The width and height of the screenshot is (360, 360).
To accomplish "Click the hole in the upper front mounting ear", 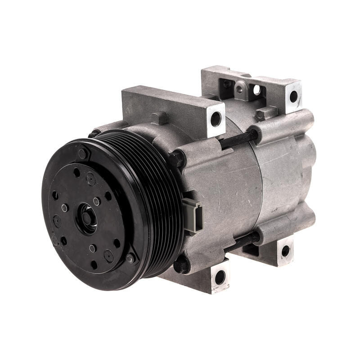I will coord(216,118).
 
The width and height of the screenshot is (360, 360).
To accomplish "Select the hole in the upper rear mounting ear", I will coord(293,96).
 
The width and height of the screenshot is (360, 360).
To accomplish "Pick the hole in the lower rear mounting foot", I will coord(285,251).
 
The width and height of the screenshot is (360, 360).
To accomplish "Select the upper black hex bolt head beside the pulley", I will coord(176,158).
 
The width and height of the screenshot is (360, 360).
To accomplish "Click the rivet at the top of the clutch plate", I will coord(83,153).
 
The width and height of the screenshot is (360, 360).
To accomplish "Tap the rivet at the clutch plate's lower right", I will coord(130,257).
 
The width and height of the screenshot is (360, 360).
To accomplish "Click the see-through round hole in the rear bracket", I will coord(257,90).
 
